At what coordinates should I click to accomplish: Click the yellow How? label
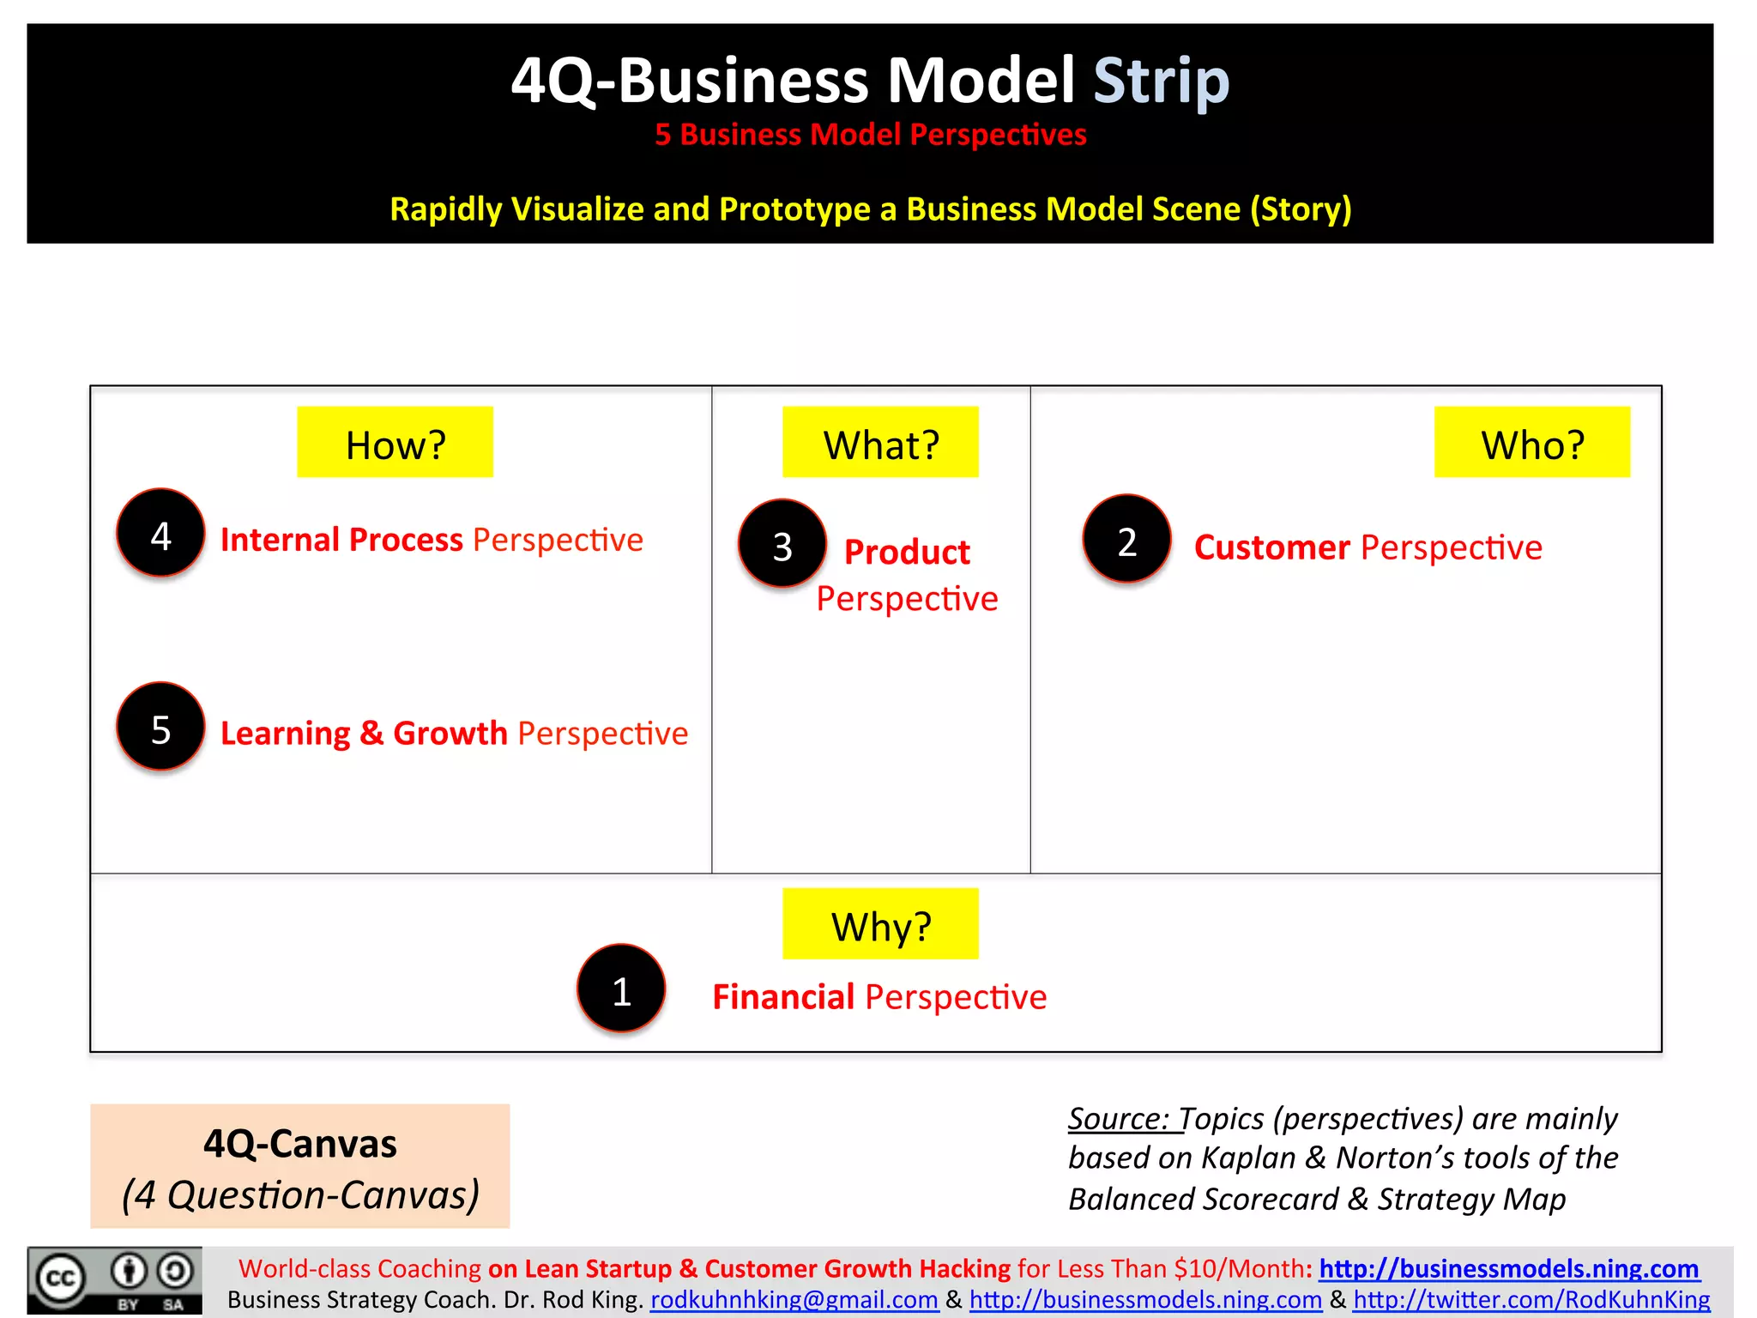pos(395,442)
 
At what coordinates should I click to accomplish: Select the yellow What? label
pos(880,442)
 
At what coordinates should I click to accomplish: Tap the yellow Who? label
pos(1532,442)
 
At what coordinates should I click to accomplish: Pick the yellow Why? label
pos(880,924)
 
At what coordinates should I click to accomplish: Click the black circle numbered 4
pos(160,534)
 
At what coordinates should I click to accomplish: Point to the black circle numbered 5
pos(160,728)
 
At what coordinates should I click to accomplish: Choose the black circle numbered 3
pos(782,544)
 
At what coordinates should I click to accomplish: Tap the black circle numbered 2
pos(1126,540)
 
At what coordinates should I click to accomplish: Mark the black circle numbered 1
pos(621,989)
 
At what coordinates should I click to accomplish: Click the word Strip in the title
pos(1162,81)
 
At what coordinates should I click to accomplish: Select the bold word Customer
pos(1271,547)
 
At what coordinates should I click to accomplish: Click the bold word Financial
pos(783,997)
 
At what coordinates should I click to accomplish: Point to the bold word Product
pos(907,552)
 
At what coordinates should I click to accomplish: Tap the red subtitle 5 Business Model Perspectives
pos(871,135)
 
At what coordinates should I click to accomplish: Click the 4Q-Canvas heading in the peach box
pos(300,1144)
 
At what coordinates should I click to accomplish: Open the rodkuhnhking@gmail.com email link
pos(794,1300)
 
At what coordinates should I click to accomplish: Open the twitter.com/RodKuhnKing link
pos(1531,1300)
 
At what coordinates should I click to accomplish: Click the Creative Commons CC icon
pos(60,1279)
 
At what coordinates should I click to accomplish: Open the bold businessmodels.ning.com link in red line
pos(1508,1268)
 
